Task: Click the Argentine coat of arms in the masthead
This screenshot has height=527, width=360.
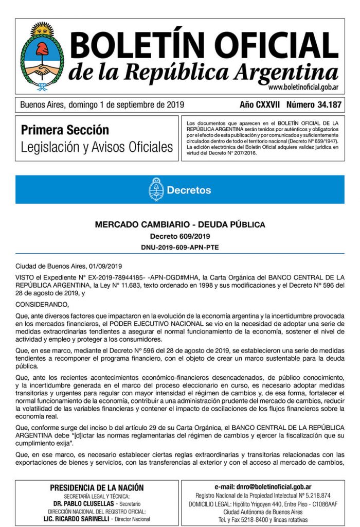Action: [x=42, y=56]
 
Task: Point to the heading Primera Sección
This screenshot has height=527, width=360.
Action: [x=65, y=130]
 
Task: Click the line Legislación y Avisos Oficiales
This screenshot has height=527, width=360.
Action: [x=97, y=147]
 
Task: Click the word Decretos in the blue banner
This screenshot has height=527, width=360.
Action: [x=189, y=190]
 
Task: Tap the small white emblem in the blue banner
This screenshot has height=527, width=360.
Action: [x=156, y=189]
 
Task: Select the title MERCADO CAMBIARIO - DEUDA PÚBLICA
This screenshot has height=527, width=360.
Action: [x=180, y=224]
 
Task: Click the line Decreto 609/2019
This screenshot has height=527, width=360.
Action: [x=180, y=236]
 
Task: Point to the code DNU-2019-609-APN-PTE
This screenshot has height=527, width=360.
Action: [x=180, y=247]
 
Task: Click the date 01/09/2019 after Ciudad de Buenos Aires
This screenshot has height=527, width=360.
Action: [x=104, y=266]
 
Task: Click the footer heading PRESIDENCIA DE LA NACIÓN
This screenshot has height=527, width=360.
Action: [x=97, y=488]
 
